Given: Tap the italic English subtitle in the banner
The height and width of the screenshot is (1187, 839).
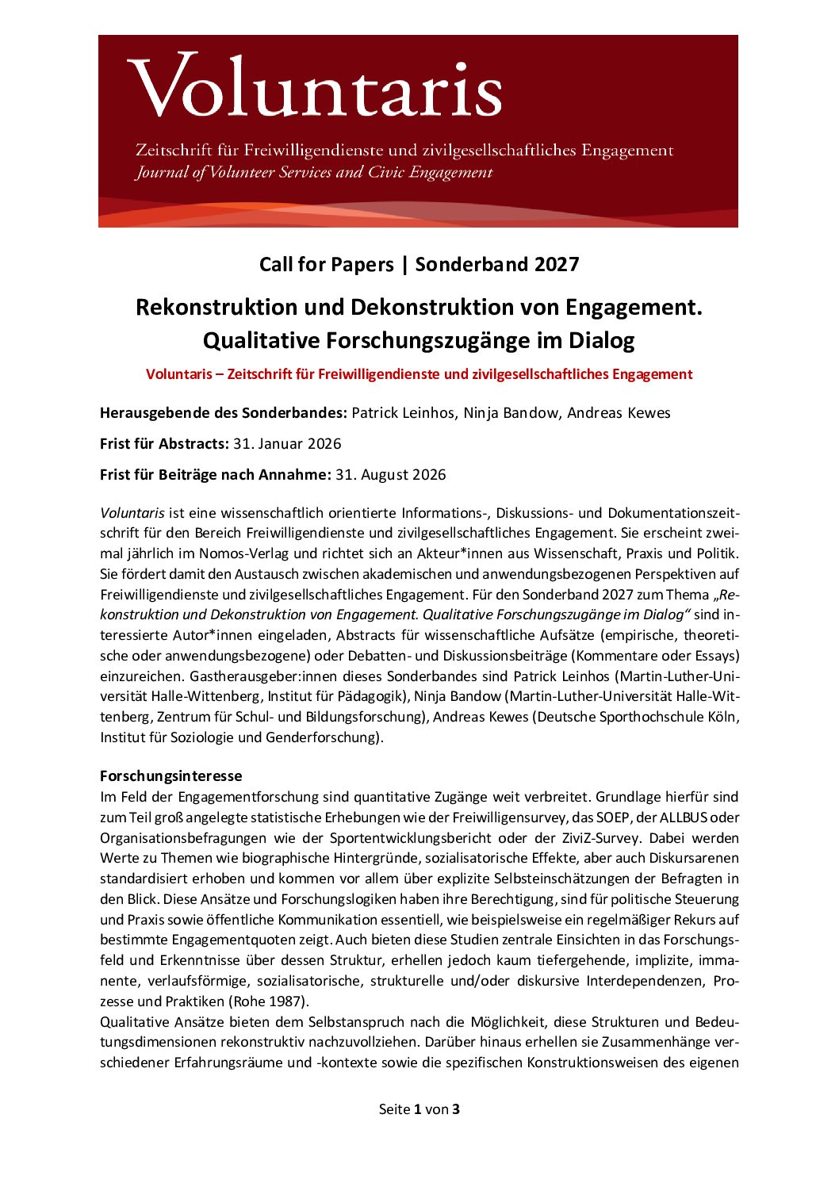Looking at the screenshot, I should point(314,172).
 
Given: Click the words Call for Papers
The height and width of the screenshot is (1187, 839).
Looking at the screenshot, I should point(326,264).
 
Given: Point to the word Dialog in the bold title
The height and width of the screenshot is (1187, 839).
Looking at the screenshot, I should point(601,340).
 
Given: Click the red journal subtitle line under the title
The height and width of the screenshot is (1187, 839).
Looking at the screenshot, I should point(419,374).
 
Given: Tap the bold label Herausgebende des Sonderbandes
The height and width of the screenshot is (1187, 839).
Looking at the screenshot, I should point(223,412).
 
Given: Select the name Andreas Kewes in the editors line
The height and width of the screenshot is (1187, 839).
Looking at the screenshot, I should point(619,412).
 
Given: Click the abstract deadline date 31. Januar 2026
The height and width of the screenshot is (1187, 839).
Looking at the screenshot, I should point(287,443).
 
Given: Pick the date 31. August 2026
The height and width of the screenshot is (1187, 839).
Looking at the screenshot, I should point(390,474).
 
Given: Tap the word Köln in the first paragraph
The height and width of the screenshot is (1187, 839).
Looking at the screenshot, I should point(721,717).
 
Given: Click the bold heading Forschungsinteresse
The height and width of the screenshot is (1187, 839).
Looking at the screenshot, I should point(170,775).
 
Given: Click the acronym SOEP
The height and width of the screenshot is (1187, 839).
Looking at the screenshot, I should point(611,817).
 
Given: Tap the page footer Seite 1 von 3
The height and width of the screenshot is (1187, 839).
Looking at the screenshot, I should point(419,1109).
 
